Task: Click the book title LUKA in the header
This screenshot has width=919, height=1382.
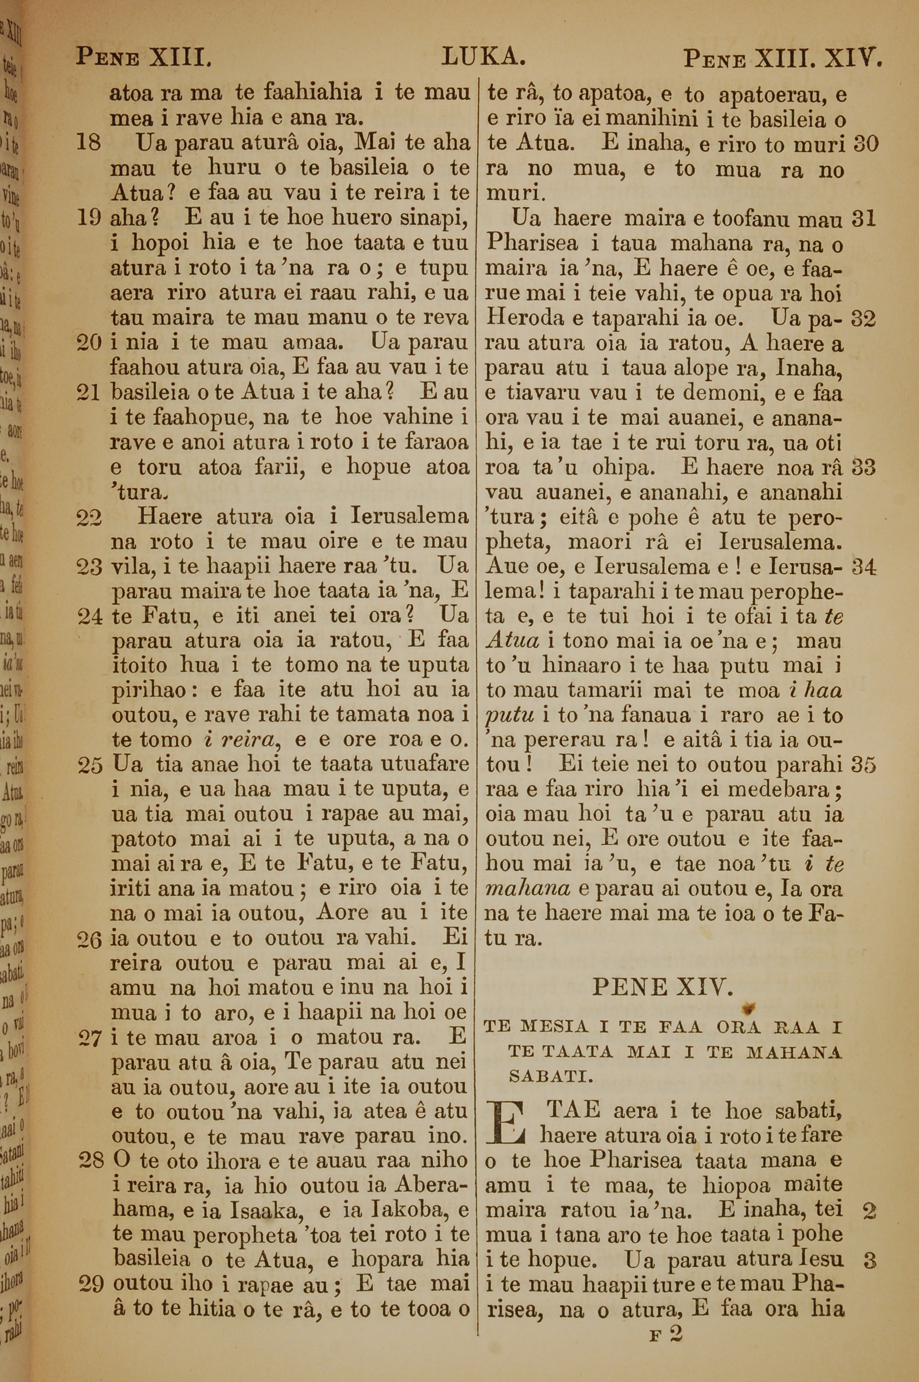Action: tap(483, 57)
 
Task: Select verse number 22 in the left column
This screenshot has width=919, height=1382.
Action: tap(89, 517)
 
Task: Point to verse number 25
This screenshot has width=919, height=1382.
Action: tap(89, 765)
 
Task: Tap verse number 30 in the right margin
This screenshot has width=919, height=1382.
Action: tap(866, 144)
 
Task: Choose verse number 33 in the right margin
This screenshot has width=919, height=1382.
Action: tap(864, 468)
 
